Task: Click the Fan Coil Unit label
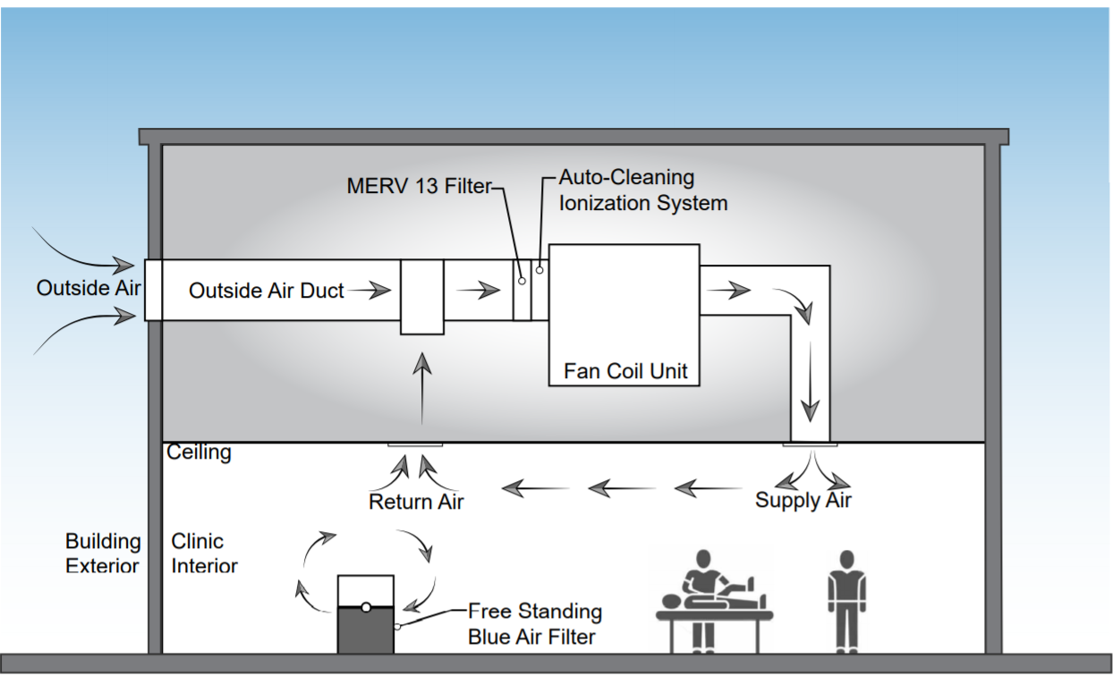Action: click(x=625, y=370)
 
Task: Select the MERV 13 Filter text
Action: click(x=419, y=186)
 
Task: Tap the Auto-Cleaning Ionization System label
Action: click(x=642, y=190)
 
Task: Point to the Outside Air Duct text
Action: click(x=266, y=290)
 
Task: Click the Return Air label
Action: click(x=416, y=502)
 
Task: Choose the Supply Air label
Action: click(x=803, y=500)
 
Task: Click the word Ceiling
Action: click(x=199, y=452)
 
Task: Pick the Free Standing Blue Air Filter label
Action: click(x=534, y=624)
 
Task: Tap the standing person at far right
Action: click(x=845, y=599)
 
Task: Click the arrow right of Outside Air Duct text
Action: click(x=370, y=290)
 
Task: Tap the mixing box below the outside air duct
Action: click(x=421, y=297)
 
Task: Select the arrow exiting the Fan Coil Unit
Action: click(x=726, y=290)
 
